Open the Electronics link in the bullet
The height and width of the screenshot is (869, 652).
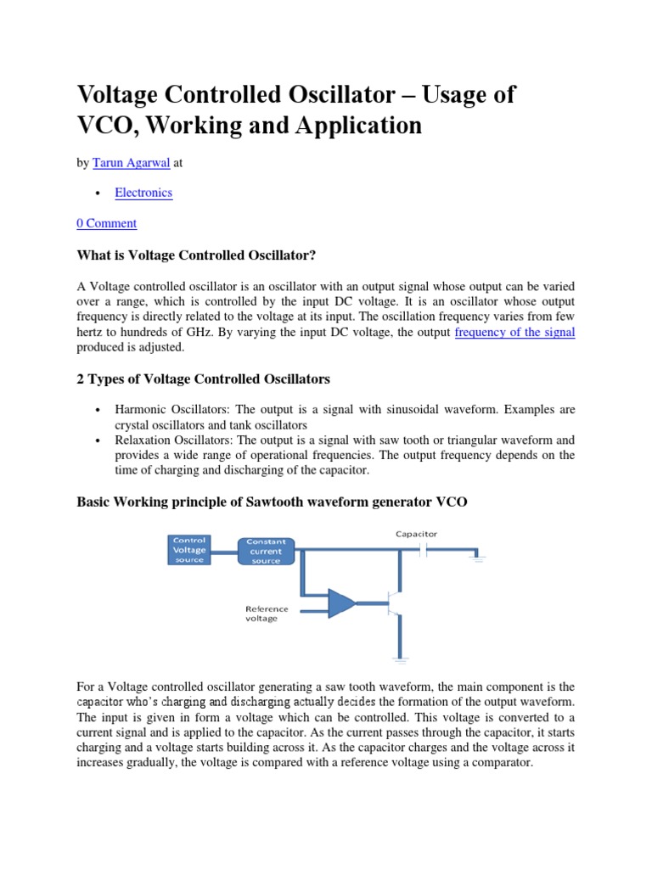(143, 193)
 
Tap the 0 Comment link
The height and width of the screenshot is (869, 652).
(106, 223)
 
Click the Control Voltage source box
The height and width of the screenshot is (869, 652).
(189, 550)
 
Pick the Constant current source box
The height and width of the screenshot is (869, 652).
(266, 551)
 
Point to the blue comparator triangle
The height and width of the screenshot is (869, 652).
(342, 603)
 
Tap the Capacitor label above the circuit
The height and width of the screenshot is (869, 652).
(416, 534)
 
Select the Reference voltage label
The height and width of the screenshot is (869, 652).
(267, 614)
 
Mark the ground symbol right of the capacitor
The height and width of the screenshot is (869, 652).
(477, 557)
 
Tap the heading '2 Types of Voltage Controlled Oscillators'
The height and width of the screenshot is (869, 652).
(204, 378)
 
